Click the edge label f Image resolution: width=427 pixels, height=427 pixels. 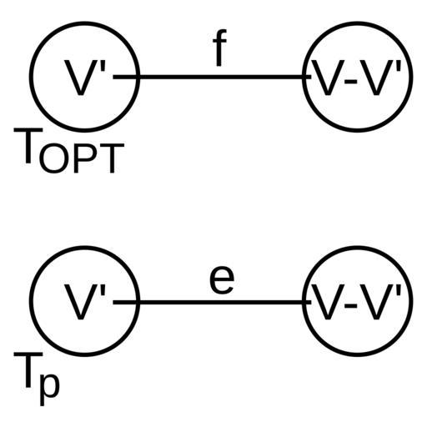pos(220,48)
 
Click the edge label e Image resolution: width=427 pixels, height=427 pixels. pos(222,281)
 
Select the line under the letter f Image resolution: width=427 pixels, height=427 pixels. pos(212,77)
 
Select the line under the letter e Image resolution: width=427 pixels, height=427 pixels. pos(212,302)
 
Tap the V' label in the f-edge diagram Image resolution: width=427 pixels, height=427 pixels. pos(85,78)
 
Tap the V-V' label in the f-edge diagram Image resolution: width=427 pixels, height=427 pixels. pos(357,78)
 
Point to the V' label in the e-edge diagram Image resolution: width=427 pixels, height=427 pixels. pos(85,302)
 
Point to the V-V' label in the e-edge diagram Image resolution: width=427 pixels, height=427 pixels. pos(357,302)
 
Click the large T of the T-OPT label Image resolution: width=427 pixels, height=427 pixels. pos(28,145)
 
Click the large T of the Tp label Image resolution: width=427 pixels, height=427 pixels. pos(28,369)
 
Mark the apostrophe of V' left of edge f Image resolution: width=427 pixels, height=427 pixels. pos(103,67)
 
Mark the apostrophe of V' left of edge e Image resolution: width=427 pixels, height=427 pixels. pos(103,291)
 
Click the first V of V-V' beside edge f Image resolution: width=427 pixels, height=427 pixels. pos(328,78)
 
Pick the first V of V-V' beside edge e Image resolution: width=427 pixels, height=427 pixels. pos(328,303)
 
